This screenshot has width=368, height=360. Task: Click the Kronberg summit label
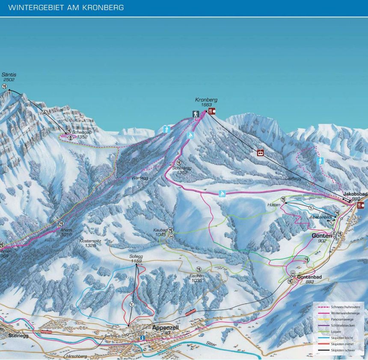[206, 102]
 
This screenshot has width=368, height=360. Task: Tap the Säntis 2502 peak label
[9, 77]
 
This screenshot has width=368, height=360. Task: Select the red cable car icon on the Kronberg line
[260, 152]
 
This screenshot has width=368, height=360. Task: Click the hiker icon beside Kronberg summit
[196, 114]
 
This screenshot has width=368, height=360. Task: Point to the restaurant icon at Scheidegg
[179, 163]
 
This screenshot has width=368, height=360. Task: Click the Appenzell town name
[165, 328]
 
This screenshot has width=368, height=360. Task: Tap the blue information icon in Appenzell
[142, 338]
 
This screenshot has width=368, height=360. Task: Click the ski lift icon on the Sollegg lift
[131, 304]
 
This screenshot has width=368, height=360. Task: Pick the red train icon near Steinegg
[46, 331]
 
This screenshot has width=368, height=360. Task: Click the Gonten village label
[322, 236]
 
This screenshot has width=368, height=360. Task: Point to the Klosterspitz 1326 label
[90, 243]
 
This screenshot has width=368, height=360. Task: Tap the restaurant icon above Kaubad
[171, 230]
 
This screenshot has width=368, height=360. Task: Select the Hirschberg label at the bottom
[76, 356]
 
